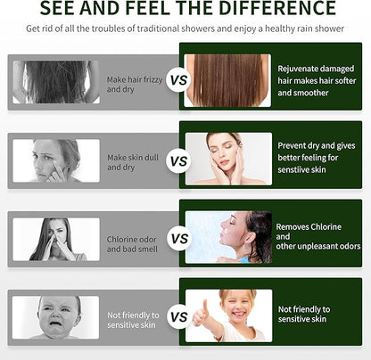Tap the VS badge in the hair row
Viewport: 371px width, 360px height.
pos(179,80)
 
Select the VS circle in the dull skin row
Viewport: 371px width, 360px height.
pos(179,161)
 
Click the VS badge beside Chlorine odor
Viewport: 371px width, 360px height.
pos(179,239)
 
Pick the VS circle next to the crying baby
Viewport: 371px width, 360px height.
pos(179,317)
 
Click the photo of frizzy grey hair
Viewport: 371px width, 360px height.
pos(56,82)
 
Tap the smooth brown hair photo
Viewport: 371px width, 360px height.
pos(227,80)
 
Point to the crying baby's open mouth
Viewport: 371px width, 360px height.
pos(55,323)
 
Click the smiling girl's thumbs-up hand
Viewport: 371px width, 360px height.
pos(202,315)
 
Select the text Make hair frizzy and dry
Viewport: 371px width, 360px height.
pos(135,85)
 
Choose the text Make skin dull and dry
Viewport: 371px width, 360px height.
pos(133,162)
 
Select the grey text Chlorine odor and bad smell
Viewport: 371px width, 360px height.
pos(132,244)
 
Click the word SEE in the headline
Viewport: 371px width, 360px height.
pos(57,8)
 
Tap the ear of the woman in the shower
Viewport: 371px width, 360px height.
pos(251,237)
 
